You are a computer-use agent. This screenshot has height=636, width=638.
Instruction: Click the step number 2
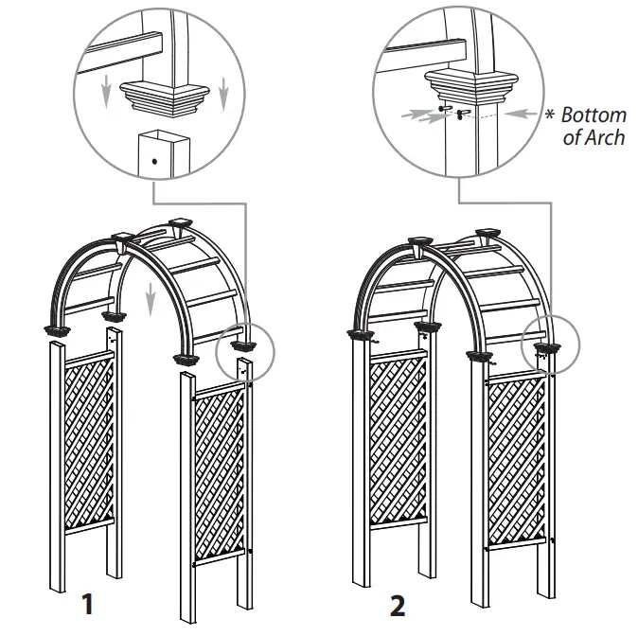[x=398, y=603]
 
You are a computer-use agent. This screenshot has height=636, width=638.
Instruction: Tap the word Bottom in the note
[x=594, y=115]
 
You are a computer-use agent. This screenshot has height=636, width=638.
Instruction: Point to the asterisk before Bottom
[x=550, y=115]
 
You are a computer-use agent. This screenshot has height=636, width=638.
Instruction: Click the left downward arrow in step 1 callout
[x=106, y=89]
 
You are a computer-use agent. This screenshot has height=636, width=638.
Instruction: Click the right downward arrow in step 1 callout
[x=224, y=89]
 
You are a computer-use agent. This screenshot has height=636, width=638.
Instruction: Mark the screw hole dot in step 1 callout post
[x=153, y=162]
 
